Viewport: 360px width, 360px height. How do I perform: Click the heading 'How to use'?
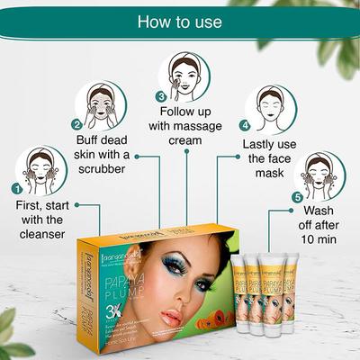[180, 21]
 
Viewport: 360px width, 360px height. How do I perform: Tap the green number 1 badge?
[16, 188]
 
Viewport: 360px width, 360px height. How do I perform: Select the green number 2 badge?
[77, 125]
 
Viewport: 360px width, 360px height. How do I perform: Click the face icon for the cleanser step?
[42, 171]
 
